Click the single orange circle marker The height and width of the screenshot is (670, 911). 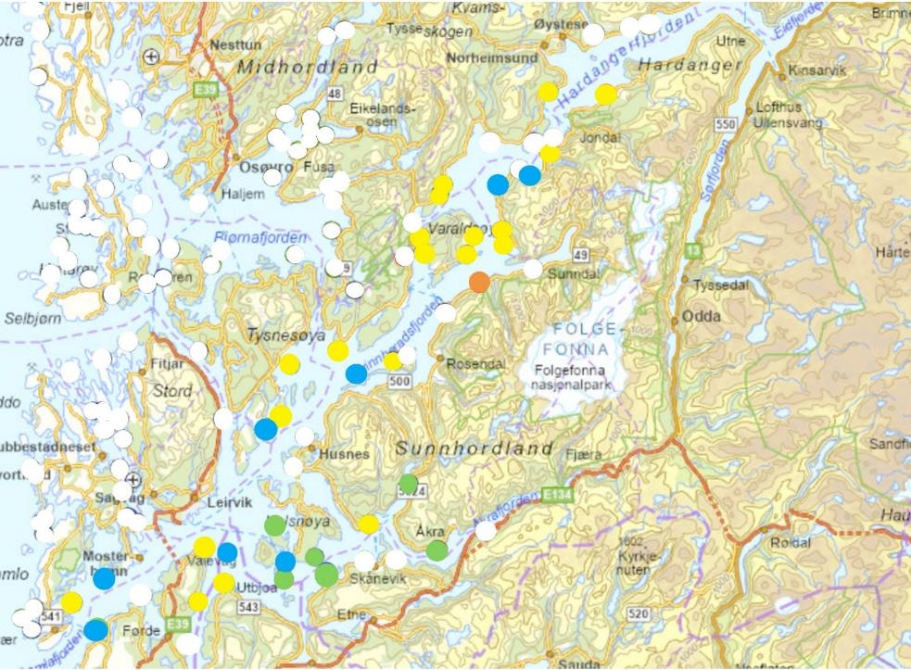[x=479, y=283]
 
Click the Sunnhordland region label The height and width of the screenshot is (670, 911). [x=474, y=449]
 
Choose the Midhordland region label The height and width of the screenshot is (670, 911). [x=308, y=67]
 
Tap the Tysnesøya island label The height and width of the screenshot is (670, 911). [x=286, y=335]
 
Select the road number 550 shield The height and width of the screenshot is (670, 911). [x=725, y=123]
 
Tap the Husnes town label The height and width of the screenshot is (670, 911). [x=344, y=455]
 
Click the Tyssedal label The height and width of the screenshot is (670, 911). [x=718, y=285]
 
